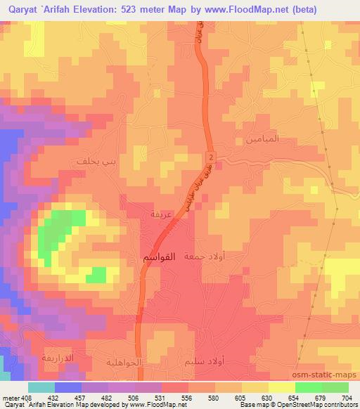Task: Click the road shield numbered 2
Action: [210, 155]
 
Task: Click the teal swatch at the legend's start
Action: [41, 387]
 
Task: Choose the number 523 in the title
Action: [123, 9]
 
